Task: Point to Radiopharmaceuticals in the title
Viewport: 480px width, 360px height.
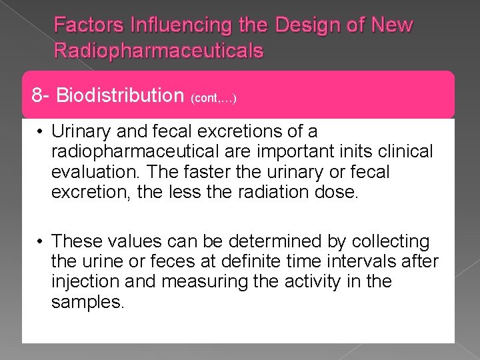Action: [159, 50]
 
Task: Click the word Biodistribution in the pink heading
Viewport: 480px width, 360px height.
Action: [120, 95]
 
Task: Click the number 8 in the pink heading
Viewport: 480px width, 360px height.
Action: [37, 95]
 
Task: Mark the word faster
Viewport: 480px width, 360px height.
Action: [212, 172]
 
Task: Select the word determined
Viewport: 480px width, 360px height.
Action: [283, 241]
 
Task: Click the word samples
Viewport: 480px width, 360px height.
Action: [88, 302]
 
